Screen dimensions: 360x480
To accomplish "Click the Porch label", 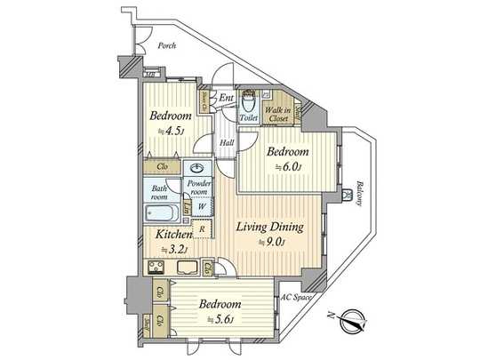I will [165, 45].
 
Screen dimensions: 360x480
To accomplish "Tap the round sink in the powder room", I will [196, 169].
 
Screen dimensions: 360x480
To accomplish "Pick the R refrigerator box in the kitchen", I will [204, 228].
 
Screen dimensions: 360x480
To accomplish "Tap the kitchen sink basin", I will [188, 268].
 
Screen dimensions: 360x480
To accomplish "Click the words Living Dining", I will [269, 228].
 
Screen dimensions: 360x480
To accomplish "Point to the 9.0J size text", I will [270, 242].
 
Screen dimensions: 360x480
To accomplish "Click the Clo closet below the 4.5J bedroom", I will [163, 166].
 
